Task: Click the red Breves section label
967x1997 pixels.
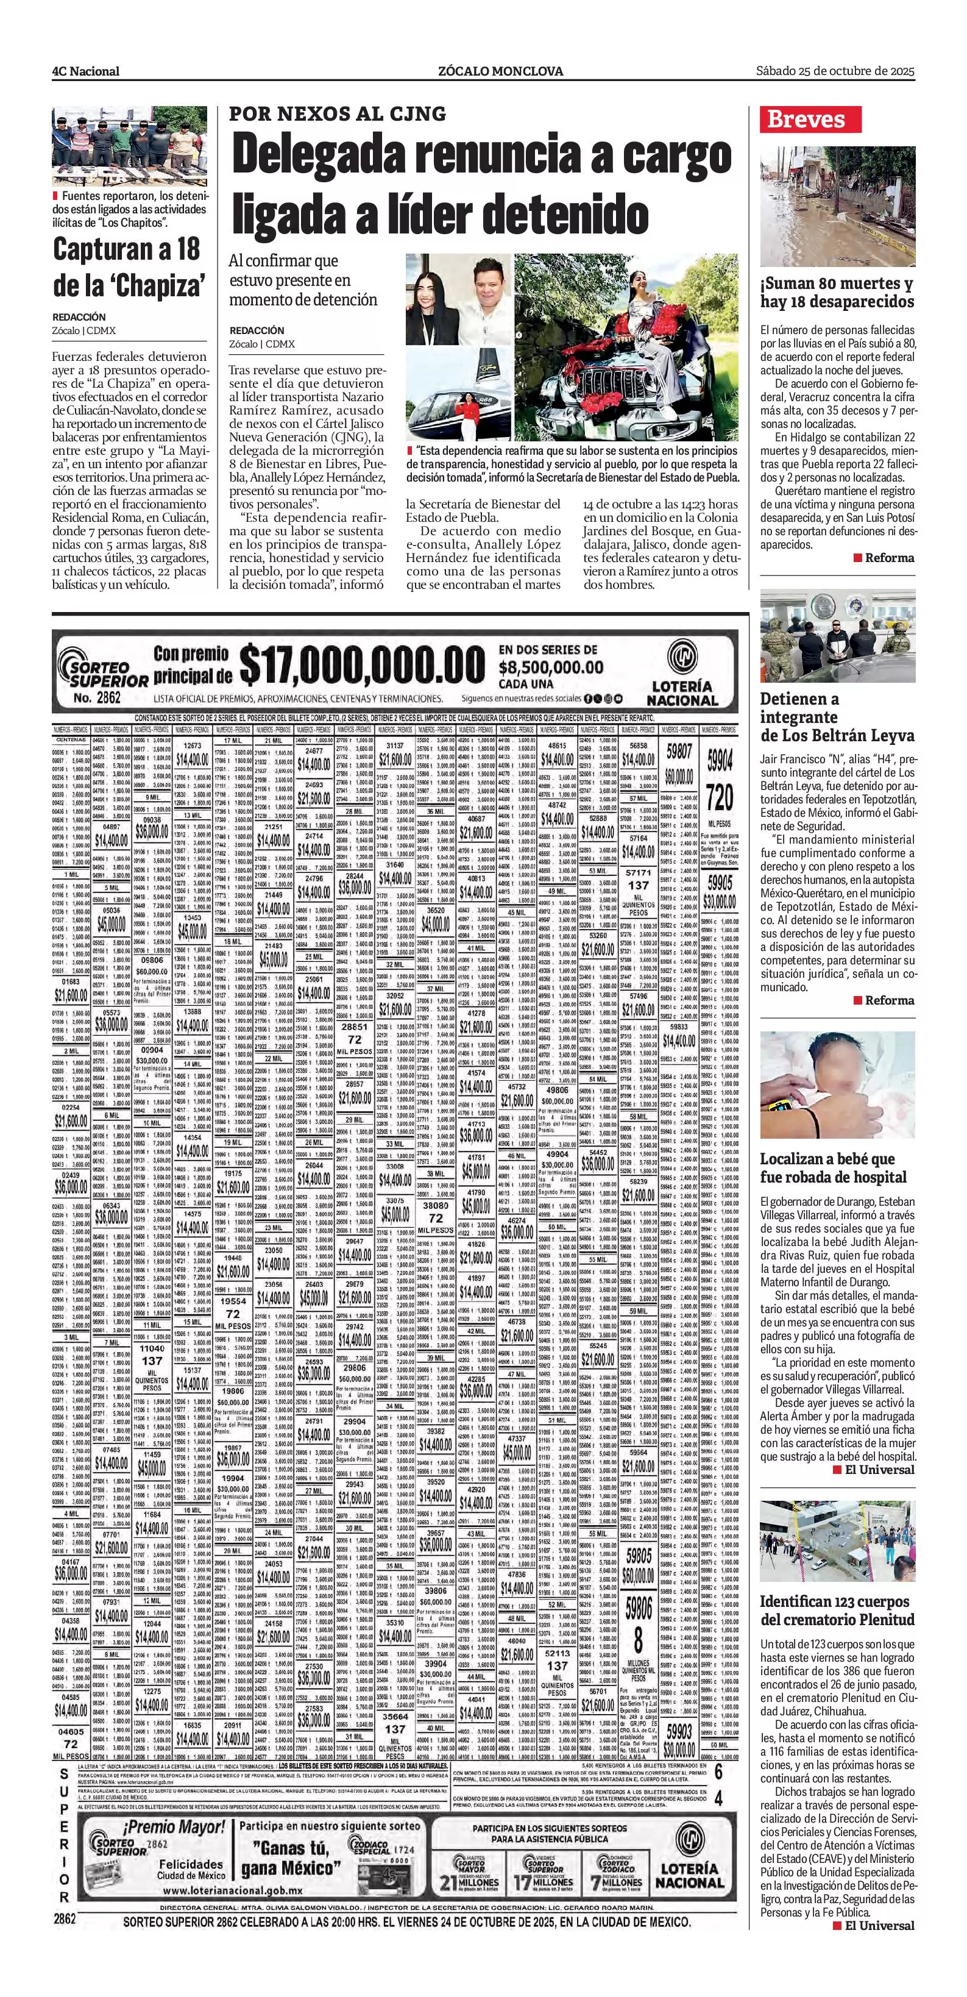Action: coord(812,119)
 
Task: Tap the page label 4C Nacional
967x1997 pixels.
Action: coord(85,71)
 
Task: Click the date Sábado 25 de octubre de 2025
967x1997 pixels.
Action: coord(835,71)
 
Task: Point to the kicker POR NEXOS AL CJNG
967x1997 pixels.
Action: coord(337,114)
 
